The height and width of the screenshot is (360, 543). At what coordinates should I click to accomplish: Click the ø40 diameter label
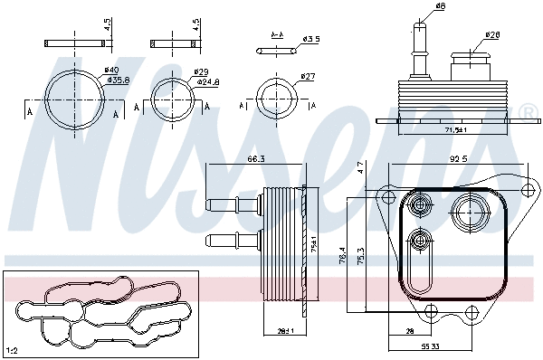[111, 70]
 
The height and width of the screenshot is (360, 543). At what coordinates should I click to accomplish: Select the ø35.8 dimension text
[118, 80]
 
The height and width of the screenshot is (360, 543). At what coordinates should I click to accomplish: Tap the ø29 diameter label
[201, 71]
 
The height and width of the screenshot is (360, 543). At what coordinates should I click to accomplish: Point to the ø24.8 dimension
[208, 81]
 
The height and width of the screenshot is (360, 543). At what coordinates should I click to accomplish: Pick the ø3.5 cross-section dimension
[311, 39]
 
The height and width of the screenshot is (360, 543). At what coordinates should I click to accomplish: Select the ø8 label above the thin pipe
[441, 7]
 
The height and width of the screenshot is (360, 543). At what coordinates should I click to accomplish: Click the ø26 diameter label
[492, 35]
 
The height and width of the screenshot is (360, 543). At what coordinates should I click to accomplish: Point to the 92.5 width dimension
[457, 159]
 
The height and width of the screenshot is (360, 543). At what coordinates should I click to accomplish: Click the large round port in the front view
[471, 214]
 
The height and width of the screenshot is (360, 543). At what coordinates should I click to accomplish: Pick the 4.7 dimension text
[360, 168]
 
